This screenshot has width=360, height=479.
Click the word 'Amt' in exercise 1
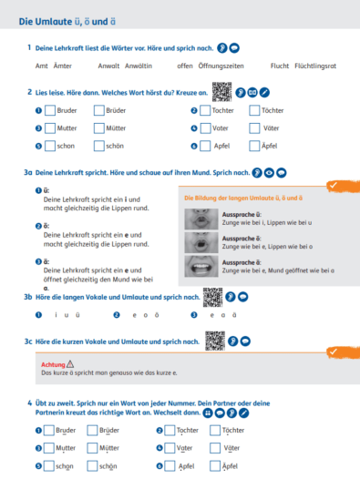(41, 66)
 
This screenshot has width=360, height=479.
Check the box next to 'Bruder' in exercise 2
(49, 110)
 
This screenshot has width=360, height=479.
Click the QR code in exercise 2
(221, 91)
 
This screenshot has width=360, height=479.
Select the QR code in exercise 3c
(216, 340)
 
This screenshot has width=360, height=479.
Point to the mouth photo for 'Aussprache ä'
(196, 265)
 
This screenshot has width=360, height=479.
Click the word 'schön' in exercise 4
(109, 465)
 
